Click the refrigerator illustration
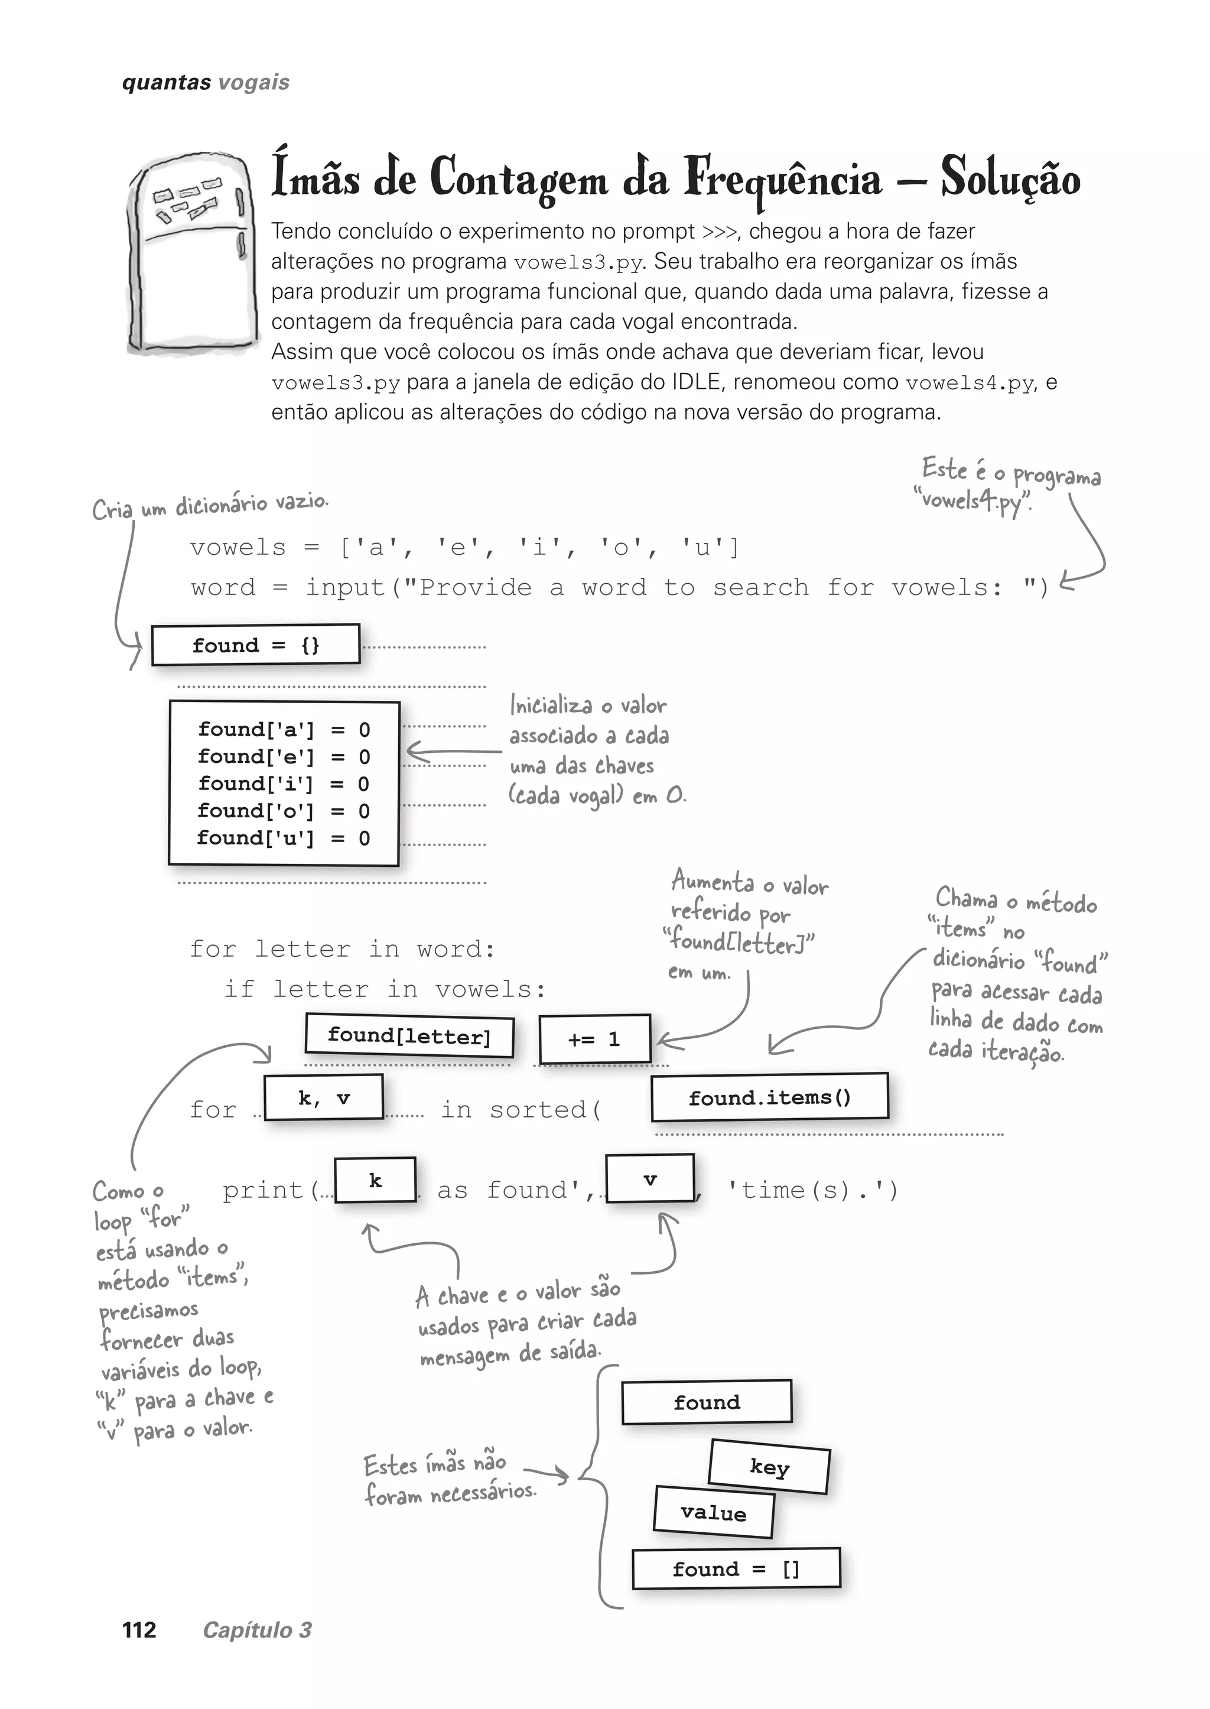point(189,254)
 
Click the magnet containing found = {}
point(256,645)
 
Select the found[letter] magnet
point(409,1036)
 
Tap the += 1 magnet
point(594,1039)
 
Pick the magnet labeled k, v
point(323,1098)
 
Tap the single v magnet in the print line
point(650,1179)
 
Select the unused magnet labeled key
point(769,1467)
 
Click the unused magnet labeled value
point(713,1512)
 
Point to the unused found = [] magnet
point(736,1569)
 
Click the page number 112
point(139,1630)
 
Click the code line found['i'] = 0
point(283,784)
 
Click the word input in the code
point(345,588)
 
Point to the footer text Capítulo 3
point(257,1630)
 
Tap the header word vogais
point(254,83)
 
